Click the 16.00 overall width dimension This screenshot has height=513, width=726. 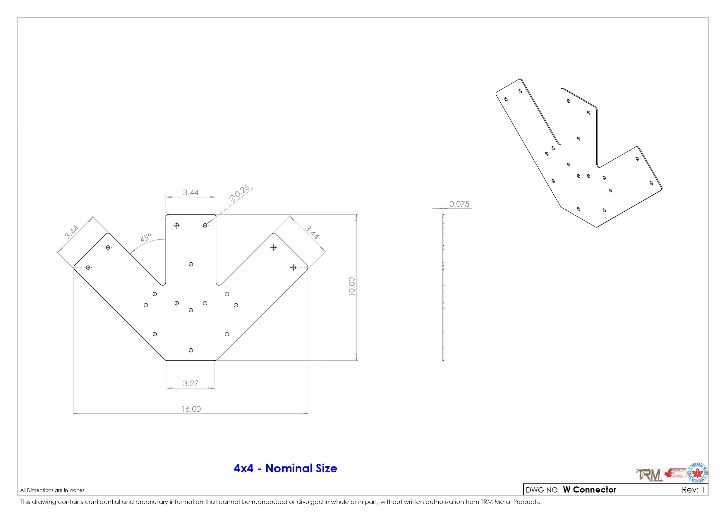[x=191, y=409]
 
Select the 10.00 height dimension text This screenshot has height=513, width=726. [x=352, y=287]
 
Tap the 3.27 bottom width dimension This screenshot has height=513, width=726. [x=190, y=383]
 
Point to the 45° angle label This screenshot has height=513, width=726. [x=146, y=238]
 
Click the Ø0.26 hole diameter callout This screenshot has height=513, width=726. [x=239, y=193]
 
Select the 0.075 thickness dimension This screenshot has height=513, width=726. [x=459, y=204]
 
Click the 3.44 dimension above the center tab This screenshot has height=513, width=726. [x=191, y=192]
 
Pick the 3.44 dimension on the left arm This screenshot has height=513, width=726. [x=72, y=232]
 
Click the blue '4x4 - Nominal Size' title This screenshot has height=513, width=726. [x=285, y=468]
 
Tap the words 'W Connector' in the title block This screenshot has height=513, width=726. [x=590, y=490]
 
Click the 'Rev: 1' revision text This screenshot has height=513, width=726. [x=693, y=490]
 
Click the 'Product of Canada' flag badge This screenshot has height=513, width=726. [x=675, y=473]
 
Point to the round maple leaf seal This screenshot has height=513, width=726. [x=698, y=473]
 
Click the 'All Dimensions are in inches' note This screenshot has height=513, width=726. [x=52, y=490]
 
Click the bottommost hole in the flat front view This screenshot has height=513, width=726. [x=191, y=350]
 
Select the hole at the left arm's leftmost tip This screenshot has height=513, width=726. [x=88, y=268]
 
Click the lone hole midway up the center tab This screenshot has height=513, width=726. [x=191, y=264]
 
